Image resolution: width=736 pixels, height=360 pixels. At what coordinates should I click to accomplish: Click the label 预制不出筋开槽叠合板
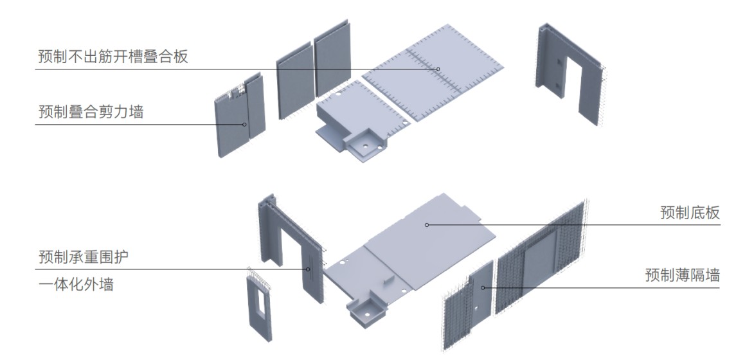112,57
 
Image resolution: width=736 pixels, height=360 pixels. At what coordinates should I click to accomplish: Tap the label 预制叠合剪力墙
91,112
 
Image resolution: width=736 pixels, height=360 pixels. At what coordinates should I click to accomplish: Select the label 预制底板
690,212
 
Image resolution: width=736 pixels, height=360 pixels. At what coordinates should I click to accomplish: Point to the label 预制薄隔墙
682,274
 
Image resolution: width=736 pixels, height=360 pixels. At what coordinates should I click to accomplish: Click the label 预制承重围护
83,256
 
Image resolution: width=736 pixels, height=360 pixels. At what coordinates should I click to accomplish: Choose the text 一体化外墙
76,284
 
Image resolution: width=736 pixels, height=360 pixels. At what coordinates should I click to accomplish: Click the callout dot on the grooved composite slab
438,69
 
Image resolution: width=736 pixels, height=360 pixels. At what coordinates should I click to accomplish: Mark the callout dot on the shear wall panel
244,124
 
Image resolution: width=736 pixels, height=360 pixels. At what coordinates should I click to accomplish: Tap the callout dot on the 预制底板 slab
427,225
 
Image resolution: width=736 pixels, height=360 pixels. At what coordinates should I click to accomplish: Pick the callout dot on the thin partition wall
483,287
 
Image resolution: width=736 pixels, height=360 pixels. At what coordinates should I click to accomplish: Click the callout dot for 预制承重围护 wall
308,269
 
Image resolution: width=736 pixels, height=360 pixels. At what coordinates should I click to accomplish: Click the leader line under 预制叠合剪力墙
139,124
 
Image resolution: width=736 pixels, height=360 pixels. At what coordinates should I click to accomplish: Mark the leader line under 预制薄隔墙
601,287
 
